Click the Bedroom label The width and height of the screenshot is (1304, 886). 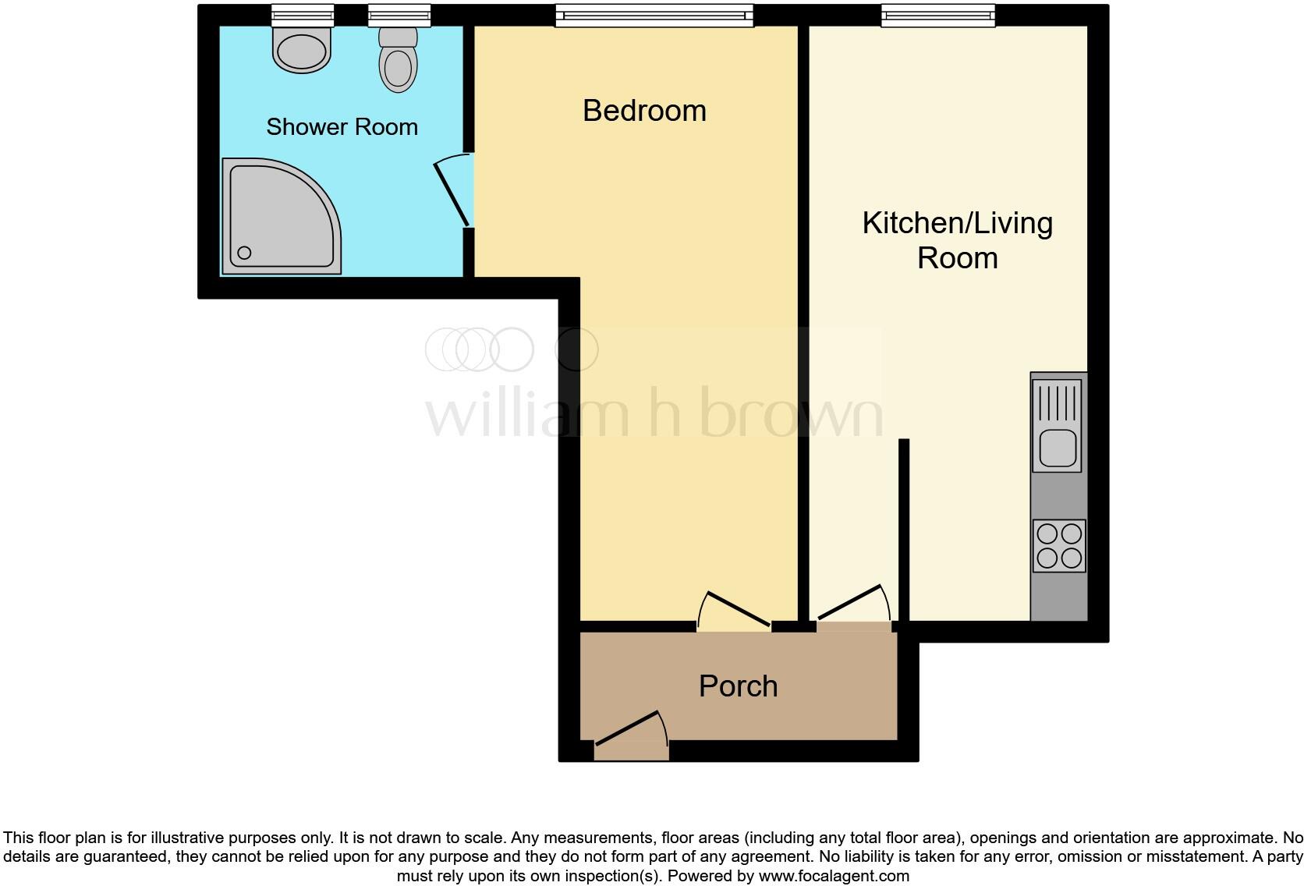pos(644,111)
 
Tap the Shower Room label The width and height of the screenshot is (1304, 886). pos(342,127)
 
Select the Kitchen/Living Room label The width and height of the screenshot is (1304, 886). pos(957,240)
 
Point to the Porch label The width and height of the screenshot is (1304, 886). pos(738,686)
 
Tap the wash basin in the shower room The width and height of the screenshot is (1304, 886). pos(302,50)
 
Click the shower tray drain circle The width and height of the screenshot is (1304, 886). pos(244,253)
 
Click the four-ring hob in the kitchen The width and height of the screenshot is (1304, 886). pos(1058,546)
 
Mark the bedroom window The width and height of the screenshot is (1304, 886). pos(654,16)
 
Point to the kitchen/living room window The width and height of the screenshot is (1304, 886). pos(938,16)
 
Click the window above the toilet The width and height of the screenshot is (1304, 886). pos(399,16)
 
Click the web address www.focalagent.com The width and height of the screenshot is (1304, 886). pos(834,876)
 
